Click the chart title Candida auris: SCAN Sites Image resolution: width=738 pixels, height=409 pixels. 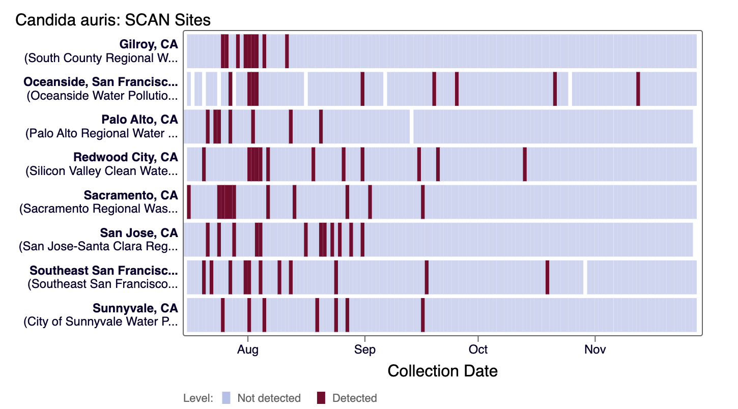click(112, 20)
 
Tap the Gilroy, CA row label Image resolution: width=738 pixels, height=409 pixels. click(149, 44)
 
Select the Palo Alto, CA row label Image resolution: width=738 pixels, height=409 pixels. click(139, 120)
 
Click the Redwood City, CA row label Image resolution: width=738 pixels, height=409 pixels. click(126, 157)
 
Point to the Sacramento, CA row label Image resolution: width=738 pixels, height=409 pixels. click(131, 195)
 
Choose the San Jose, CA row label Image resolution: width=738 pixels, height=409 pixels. click(139, 232)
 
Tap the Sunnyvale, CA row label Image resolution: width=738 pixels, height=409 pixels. click(135, 308)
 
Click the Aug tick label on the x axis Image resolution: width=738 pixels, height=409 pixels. click(248, 349)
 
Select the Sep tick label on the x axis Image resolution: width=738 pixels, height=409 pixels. click(364, 349)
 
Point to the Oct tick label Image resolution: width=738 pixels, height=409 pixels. click(478, 349)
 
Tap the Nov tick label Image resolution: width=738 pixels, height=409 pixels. click(594, 349)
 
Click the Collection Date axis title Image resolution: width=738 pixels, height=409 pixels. click(442, 371)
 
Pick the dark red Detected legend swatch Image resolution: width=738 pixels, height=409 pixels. click(321, 398)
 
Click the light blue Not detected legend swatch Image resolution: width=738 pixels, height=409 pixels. click(226, 398)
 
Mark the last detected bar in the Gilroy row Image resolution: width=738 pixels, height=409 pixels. click(287, 51)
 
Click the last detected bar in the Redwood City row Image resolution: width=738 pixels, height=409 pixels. click(525, 164)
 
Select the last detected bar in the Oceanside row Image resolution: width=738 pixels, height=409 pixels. click(638, 89)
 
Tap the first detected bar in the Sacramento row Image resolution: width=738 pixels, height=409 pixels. click(189, 201)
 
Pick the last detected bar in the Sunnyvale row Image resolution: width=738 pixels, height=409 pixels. click(423, 314)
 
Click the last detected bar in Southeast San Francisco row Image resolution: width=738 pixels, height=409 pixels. click(547, 277)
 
